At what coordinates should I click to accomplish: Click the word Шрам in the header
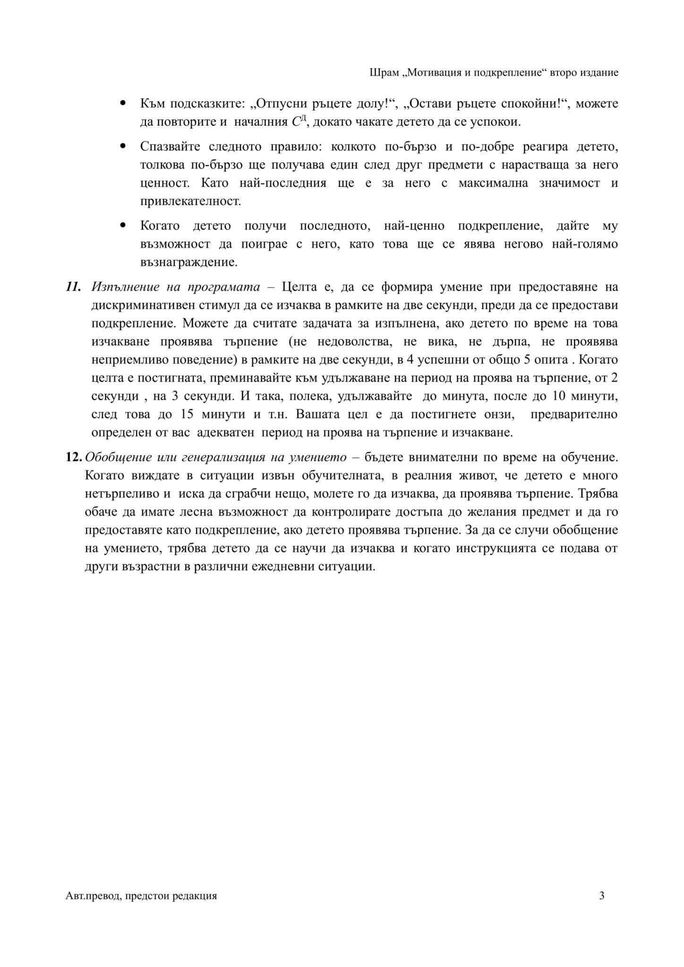[x=380, y=73]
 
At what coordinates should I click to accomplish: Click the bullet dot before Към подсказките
[x=124, y=102]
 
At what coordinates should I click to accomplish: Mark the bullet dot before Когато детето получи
[x=124, y=225]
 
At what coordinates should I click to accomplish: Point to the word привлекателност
[x=190, y=201]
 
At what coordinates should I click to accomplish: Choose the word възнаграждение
[x=188, y=262]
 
